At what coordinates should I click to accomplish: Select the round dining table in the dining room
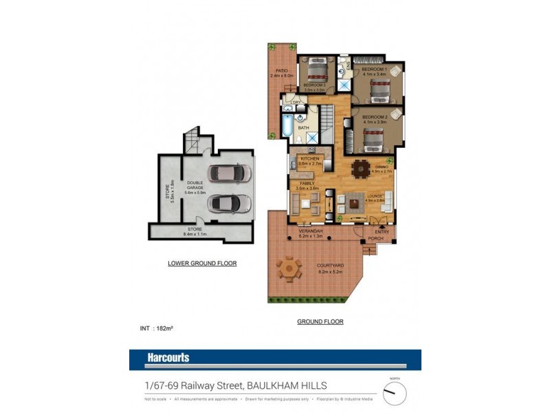[x=360, y=167]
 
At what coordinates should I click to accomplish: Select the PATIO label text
[x=281, y=71]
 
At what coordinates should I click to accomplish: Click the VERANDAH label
[x=311, y=231]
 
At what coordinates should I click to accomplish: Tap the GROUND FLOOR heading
[x=320, y=321]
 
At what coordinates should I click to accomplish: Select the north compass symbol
[x=394, y=392]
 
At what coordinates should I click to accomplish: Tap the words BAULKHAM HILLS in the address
[x=289, y=386]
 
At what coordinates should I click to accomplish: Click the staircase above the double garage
[x=193, y=141]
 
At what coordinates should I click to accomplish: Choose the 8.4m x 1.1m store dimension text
[x=196, y=234]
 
